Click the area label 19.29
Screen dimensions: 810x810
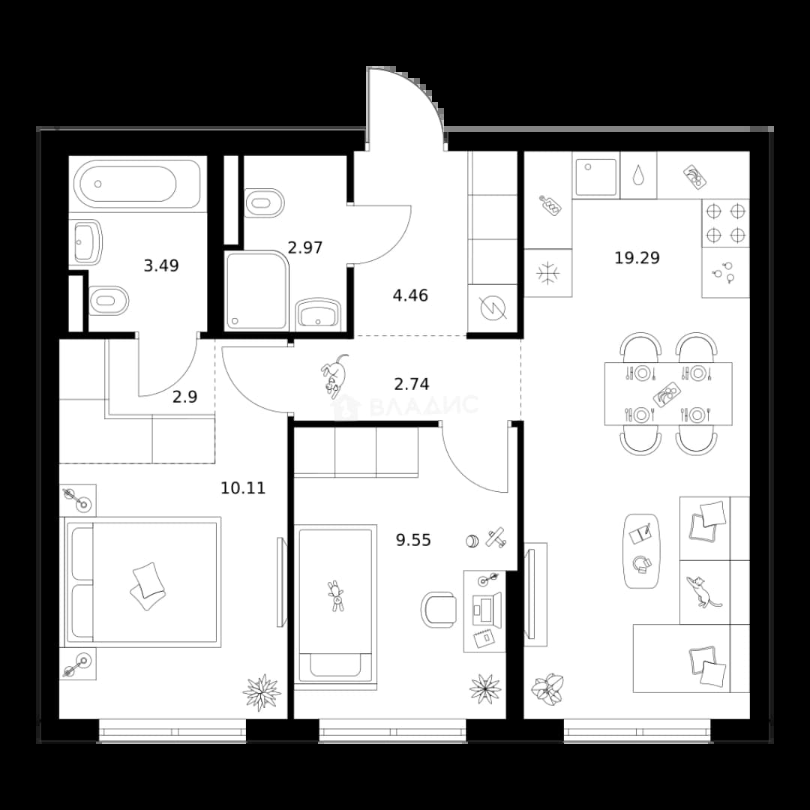coord(637,257)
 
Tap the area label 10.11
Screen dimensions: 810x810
coord(243,487)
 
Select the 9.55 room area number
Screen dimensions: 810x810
coord(413,540)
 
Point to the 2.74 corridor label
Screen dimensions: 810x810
coord(411,384)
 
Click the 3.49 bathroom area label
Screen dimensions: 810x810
coord(161,265)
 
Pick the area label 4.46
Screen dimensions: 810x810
coord(410,295)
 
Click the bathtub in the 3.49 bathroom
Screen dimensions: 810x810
coord(137,184)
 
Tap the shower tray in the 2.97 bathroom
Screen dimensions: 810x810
coord(256,290)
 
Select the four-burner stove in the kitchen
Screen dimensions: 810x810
coord(726,223)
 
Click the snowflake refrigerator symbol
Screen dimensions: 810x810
coord(548,273)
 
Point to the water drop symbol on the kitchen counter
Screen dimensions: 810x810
coord(639,175)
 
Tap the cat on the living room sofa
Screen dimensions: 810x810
coord(701,592)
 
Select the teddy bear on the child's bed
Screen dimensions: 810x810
coord(336,596)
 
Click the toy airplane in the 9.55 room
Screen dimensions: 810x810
coord(496,537)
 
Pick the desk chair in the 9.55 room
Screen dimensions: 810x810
coord(439,610)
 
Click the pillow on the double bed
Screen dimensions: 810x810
coord(148,580)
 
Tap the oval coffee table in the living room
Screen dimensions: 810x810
coord(641,550)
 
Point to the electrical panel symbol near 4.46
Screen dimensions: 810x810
coord(493,309)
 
